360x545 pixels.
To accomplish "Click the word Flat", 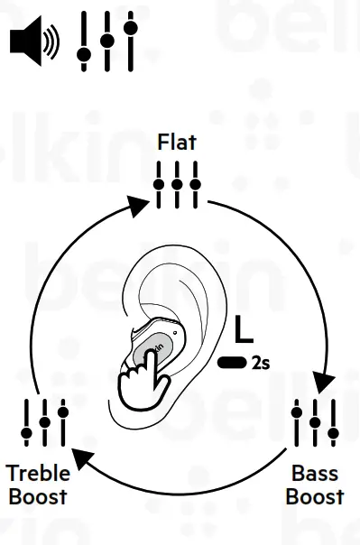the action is coord(177,142).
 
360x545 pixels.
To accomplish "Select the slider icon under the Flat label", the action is coord(177,185).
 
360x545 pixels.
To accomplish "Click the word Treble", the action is coord(39,474).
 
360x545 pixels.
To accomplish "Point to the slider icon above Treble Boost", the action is coord(44,422).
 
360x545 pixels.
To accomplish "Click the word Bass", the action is coord(316,474).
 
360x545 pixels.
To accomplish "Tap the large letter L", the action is coord(243,331).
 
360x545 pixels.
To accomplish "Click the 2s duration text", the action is coord(261,364).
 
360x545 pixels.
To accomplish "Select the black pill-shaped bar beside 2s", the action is coord(232,364).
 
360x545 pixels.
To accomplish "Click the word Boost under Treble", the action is coord(39,496).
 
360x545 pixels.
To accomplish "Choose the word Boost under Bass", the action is coord(316,496).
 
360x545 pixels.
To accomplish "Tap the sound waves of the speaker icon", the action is coord(52,42).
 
